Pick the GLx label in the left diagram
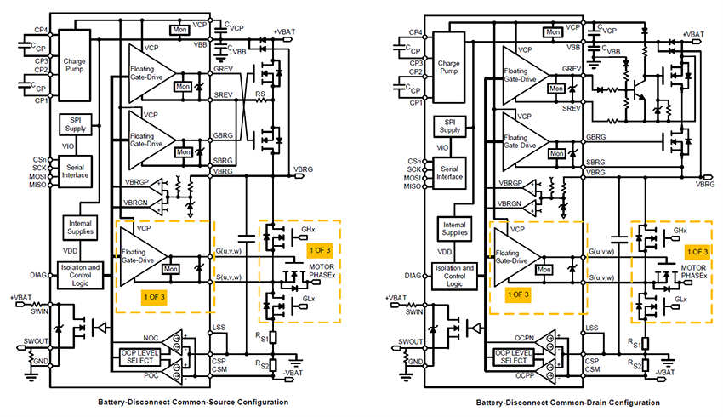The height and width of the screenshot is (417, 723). coord(307,300)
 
